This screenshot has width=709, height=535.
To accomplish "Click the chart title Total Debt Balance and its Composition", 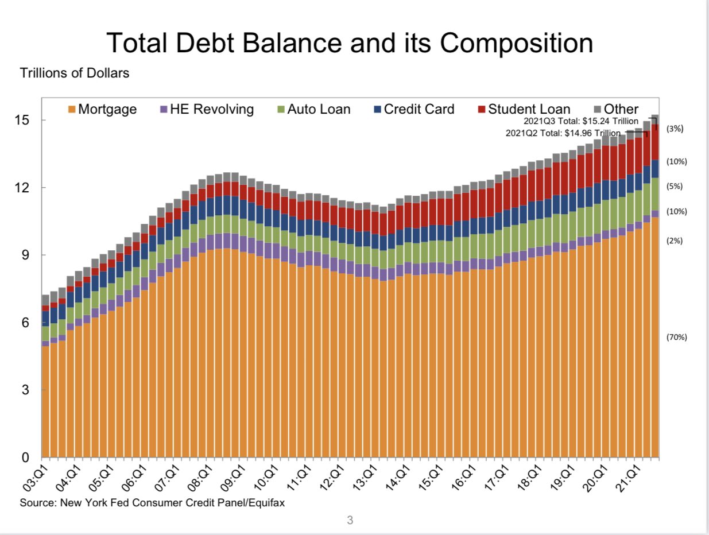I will (349, 44).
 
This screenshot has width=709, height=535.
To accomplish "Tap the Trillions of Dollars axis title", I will (75, 73).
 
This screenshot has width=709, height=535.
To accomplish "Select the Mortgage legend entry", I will (102, 109).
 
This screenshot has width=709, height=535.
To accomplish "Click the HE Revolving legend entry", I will (206, 109).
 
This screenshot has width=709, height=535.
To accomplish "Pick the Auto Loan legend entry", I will (313, 109).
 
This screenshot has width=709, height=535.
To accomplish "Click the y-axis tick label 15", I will (23, 121).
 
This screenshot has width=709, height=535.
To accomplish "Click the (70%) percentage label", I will (677, 337).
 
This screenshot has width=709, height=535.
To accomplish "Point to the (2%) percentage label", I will (675, 241).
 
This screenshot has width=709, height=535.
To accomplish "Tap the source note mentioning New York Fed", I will (152, 503).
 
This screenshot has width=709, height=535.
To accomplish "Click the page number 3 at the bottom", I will (350, 521).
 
